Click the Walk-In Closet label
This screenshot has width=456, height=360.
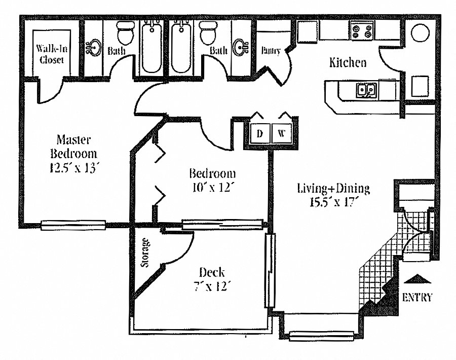52,54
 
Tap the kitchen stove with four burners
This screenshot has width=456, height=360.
362,30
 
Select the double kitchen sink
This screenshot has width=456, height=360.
366,90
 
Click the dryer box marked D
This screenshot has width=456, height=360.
260,133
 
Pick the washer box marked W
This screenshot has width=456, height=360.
282,133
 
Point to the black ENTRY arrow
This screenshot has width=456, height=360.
418,278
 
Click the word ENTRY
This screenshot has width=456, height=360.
417,298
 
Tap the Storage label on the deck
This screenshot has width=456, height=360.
145,253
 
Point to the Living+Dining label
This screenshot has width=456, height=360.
333,188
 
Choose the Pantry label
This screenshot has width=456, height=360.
271,51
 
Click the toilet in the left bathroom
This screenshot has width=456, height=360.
126,32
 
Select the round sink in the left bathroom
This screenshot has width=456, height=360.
94,48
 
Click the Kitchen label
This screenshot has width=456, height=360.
348,62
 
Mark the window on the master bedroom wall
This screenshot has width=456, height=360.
73,225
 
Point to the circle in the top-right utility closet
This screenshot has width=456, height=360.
420,33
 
